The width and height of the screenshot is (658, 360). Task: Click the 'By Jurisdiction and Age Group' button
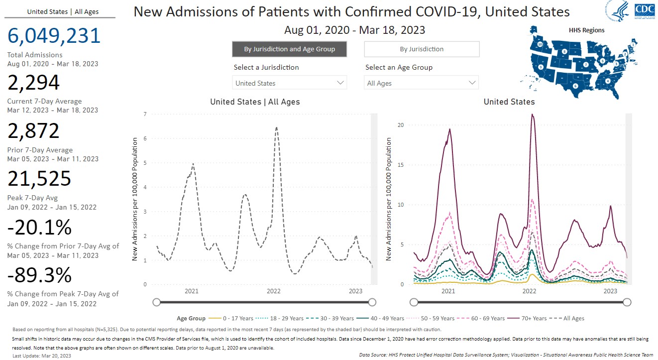point(289,49)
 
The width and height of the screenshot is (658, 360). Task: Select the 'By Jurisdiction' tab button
point(422,49)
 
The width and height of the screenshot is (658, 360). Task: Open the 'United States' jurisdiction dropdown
point(289,83)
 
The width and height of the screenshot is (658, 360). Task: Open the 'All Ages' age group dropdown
point(421,83)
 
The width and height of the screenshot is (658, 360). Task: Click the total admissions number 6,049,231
point(54,36)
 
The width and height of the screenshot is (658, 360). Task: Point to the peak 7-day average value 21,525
point(40,179)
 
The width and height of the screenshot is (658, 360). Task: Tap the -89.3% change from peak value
point(40,275)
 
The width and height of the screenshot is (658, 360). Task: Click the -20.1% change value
point(39,228)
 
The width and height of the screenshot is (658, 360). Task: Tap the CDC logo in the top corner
point(645,10)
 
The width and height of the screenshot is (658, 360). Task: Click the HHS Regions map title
point(586,30)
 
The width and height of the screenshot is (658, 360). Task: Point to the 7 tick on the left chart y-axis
point(145,115)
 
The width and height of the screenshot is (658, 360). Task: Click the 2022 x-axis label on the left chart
point(274,291)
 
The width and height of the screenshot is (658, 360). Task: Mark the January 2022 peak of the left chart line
point(276,127)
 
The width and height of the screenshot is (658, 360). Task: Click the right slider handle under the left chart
point(372,302)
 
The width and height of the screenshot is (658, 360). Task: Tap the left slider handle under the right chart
point(413,302)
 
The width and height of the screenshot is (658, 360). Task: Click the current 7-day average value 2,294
point(34,83)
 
